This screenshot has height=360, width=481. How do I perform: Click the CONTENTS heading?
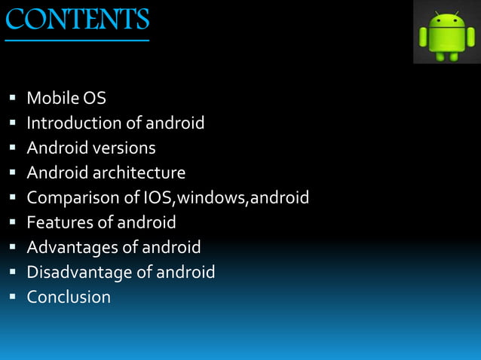pyautogui.click(x=78, y=18)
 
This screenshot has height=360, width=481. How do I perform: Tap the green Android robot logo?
pyautogui.click(x=447, y=34)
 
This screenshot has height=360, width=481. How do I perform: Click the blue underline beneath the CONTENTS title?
pyautogui.click(x=78, y=40)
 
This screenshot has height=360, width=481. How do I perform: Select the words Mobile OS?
pyautogui.click(x=66, y=98)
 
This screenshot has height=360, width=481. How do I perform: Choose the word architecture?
pyautogui.click(x=139, y=172)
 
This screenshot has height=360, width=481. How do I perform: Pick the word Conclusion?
pyautogui.click(x=69, y=297)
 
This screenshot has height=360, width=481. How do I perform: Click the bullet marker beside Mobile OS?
pyautogui.click(x=14, y=99)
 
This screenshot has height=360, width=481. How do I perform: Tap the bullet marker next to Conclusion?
pyautogui.click(x=14, y=297)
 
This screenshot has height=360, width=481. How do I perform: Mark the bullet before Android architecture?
pyautogui.click(x=14, y=173)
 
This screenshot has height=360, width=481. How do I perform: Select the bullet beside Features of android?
pyautogui.click(x=14, y=223)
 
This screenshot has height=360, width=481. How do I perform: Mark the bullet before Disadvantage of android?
pyautogui.click(x=14, y=273)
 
